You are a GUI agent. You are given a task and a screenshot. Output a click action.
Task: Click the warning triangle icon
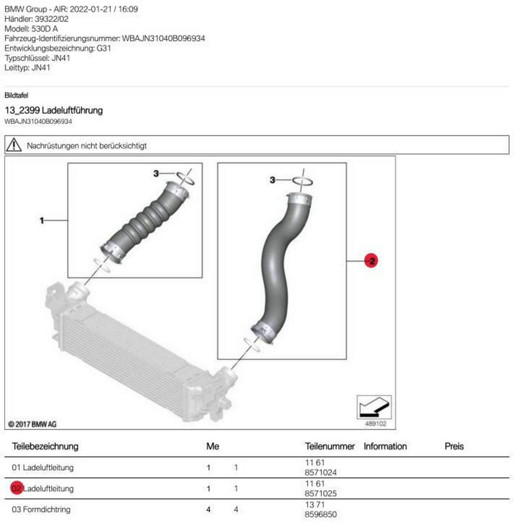[x=14, y=145]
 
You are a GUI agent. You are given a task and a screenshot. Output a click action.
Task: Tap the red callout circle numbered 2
[x=371, y=261]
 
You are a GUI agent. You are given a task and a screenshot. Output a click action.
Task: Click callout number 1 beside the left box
[x=42, y=220]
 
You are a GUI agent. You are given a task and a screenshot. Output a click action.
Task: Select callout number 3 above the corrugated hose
[x=156, y=173]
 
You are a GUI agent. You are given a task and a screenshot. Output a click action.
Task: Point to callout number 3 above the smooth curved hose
[x=272, y=180]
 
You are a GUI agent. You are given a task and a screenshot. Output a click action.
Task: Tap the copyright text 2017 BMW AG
[x=32, y=424]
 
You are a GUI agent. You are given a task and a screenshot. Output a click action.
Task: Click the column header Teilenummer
[x=330, y=446]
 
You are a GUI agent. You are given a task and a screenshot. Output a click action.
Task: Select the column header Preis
[x=454, y=446]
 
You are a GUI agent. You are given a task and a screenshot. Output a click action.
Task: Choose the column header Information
[x=385, y=446]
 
